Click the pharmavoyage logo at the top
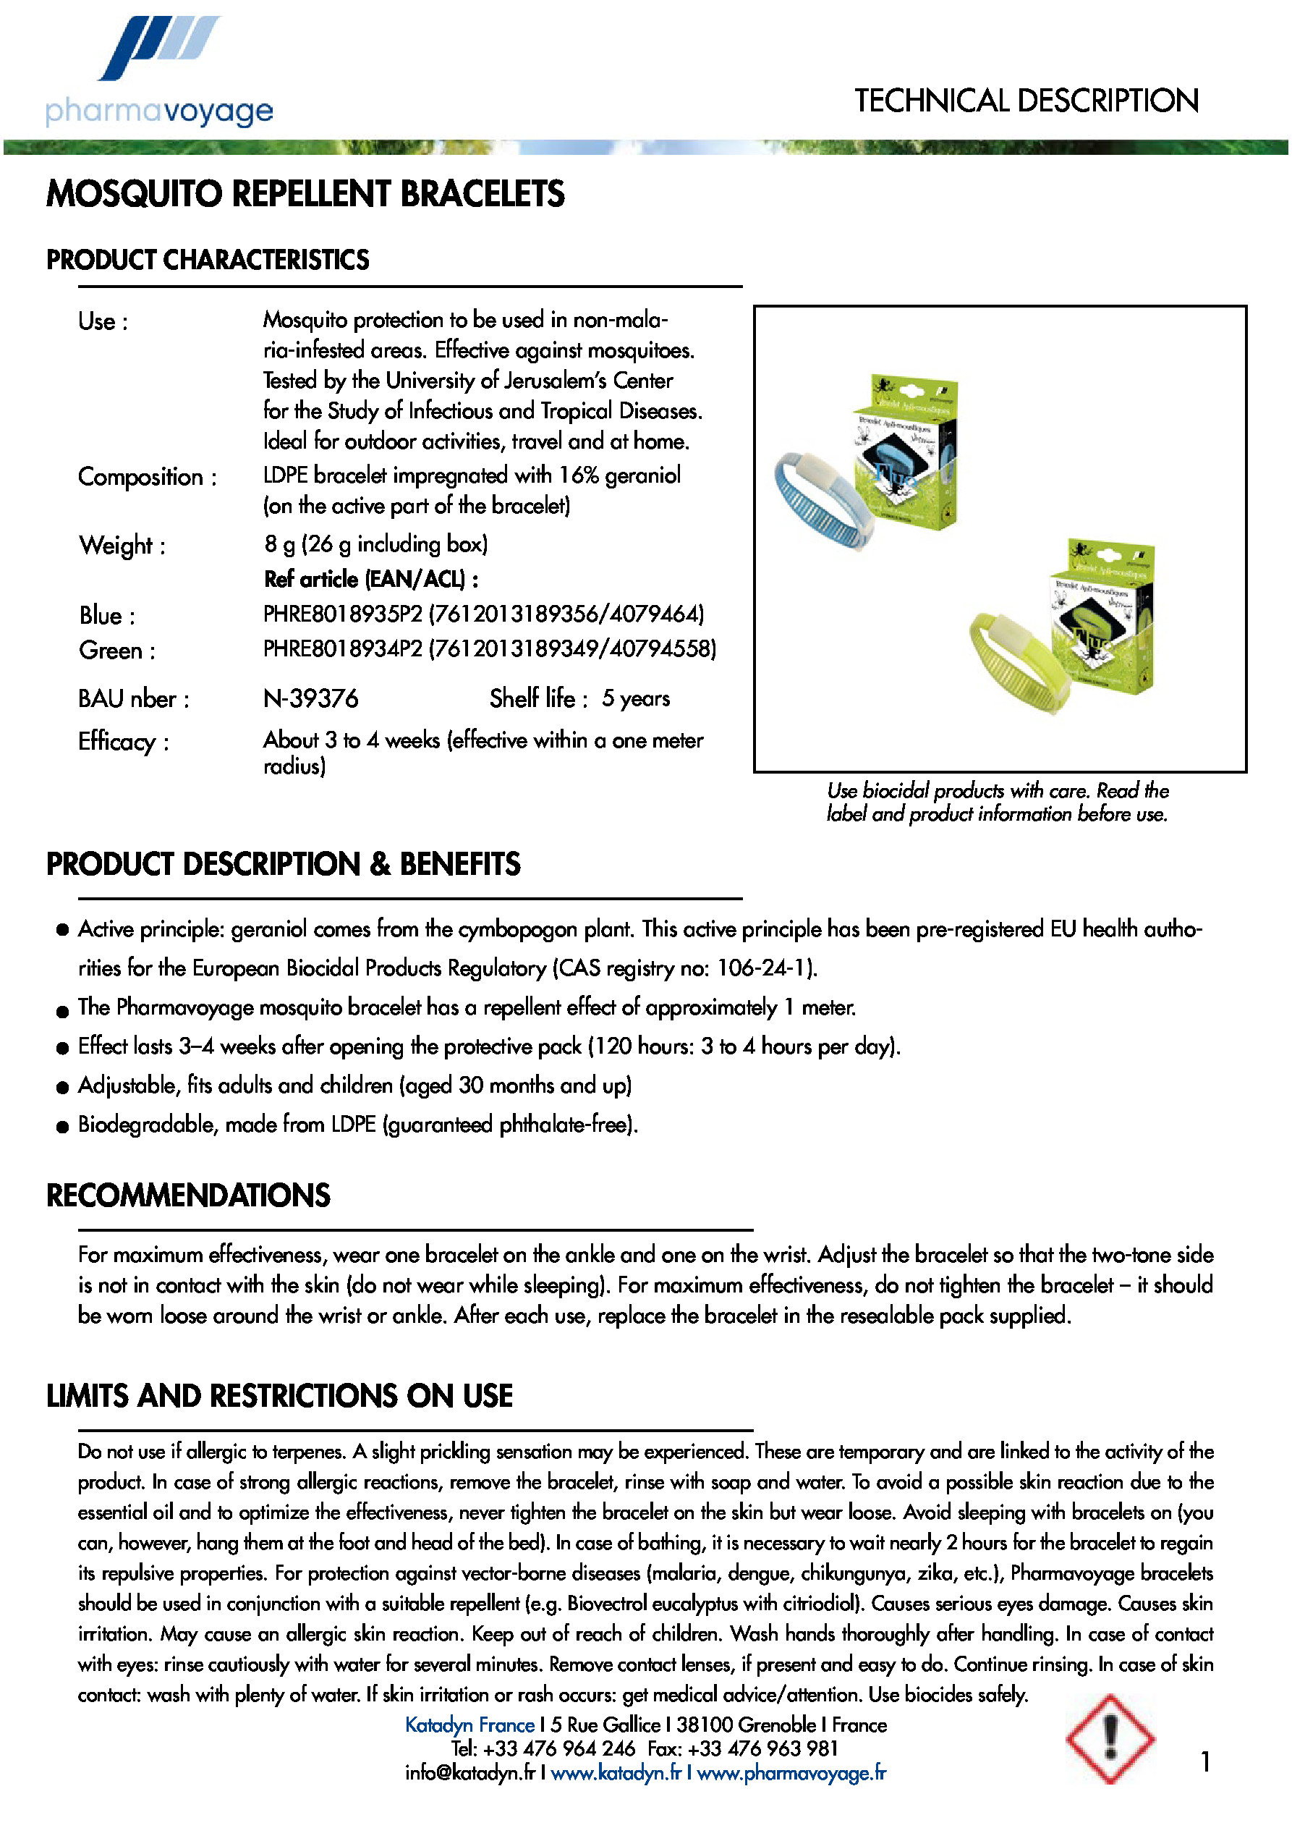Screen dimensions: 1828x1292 pos(159,72)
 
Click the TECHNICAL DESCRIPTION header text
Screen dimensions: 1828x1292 pos(1026,101)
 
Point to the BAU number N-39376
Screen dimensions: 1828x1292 pos(310,698)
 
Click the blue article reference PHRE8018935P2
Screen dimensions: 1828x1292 pos(342,614)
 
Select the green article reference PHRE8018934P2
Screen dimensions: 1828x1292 pos(342,649)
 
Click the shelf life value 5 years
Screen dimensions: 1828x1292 pos(635,698)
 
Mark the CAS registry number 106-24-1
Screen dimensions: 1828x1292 pos(765,968)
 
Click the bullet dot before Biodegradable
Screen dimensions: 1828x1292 pos(63,1127)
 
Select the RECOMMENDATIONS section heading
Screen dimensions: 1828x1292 pos(188,1195)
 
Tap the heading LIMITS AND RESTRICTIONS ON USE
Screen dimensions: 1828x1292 pos(279,1396)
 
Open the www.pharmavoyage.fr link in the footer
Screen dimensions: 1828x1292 pos(791,1773)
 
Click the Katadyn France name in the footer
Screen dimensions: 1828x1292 pos(469,1725)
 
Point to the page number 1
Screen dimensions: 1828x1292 pos(1206,1762)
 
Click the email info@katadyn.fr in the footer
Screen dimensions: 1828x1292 pos(469,1773)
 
